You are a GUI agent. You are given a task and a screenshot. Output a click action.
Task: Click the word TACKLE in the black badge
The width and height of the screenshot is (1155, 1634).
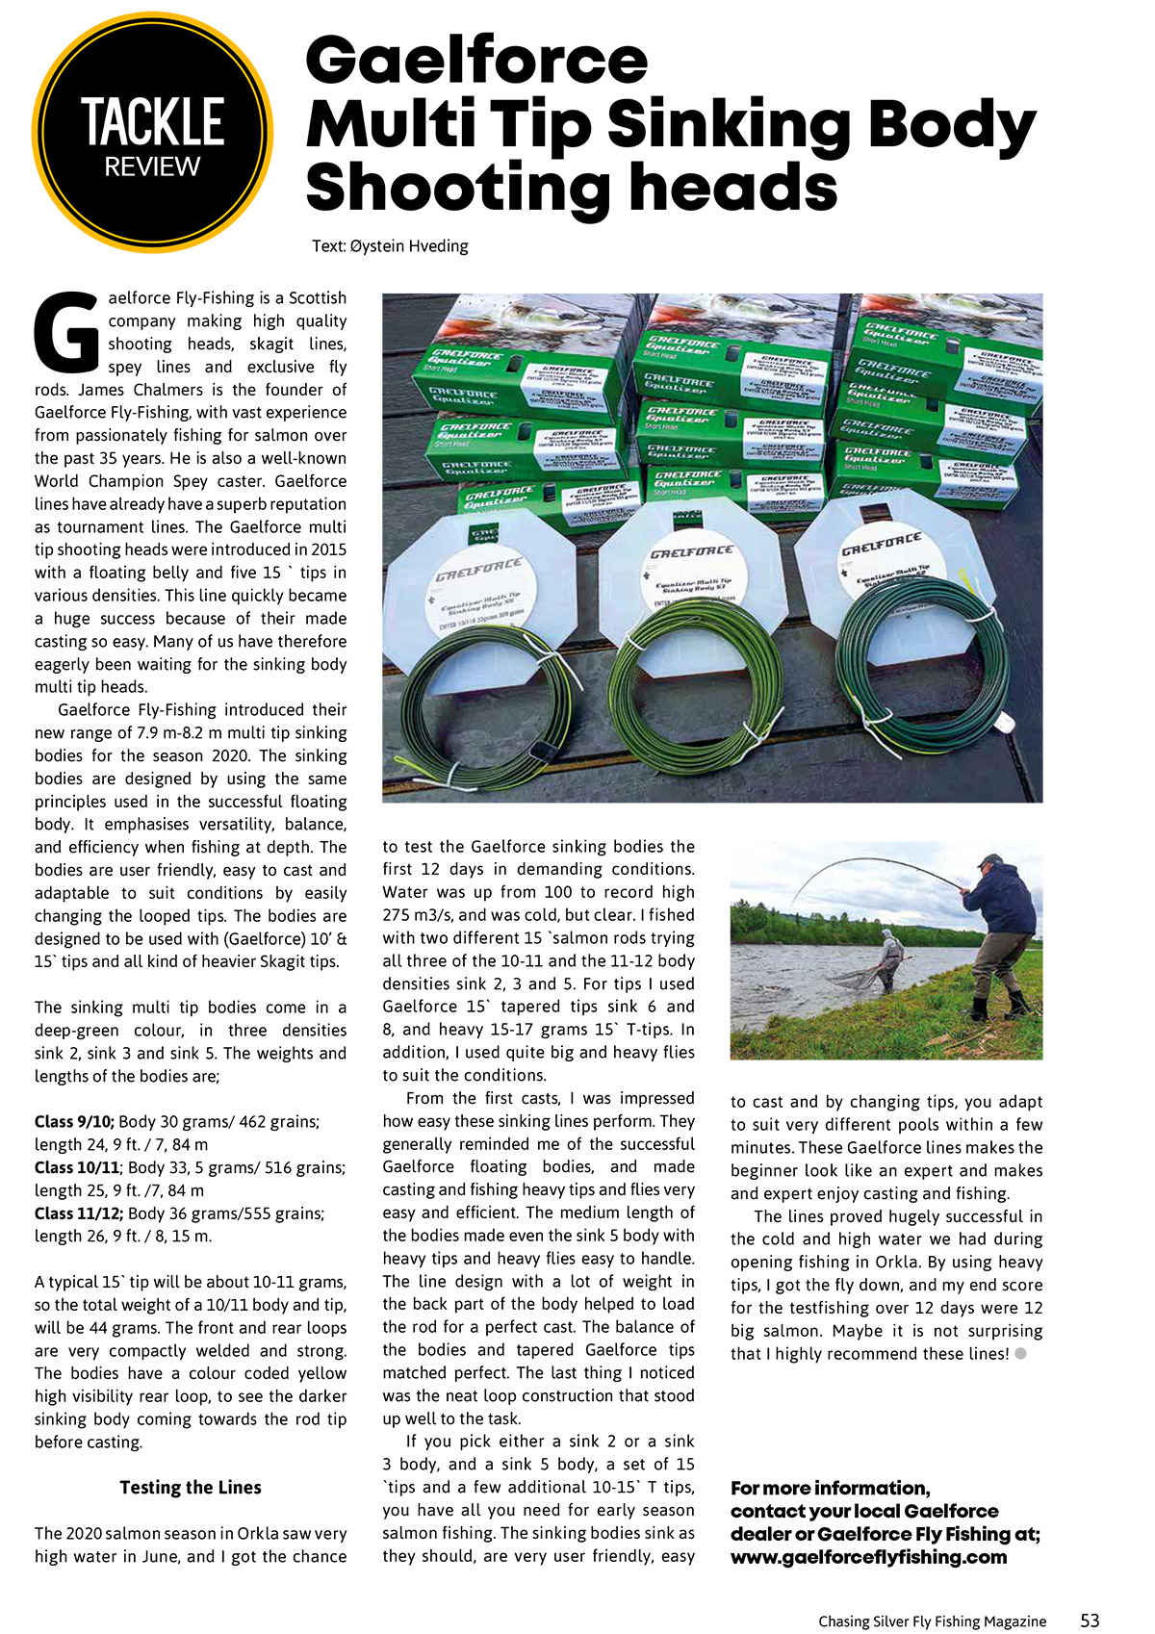152,122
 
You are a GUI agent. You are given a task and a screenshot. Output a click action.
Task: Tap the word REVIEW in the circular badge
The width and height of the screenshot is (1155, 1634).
152,167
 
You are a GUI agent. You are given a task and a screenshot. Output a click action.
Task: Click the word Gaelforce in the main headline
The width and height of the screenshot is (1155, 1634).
476,60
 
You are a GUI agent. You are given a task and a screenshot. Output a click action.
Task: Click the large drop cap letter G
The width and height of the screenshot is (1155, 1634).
65,331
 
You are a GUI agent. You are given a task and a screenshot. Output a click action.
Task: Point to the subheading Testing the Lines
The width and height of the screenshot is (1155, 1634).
191,1488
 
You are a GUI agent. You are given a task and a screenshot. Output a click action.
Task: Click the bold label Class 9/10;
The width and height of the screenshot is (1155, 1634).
74,1122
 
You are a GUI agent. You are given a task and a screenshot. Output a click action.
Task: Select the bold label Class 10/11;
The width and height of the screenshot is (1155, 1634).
78,1168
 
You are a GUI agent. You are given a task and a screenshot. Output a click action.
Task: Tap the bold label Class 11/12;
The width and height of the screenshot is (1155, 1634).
78,1213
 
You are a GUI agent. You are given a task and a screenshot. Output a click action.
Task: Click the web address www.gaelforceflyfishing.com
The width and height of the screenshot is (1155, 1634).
868,1557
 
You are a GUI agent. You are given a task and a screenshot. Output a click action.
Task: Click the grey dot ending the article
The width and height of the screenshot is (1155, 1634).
1021,1354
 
